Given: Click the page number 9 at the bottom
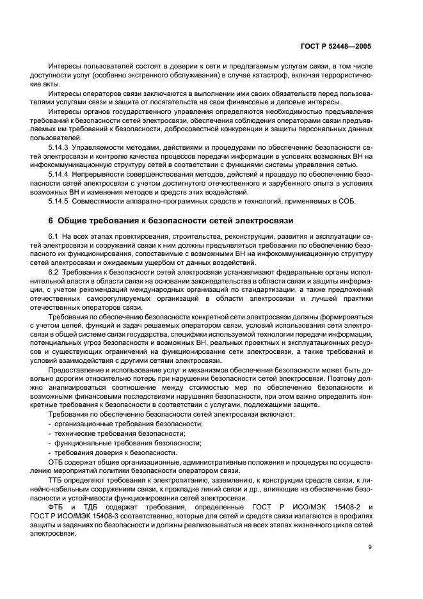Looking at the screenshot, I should (x=371, y=547).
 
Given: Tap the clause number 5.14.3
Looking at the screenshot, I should (x=60, y=147).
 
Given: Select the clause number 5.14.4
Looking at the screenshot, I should (x=60, y=174).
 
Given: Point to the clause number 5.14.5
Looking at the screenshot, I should (x=60, y=202).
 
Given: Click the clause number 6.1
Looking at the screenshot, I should (x=54, y=237).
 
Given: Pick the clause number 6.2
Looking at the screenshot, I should (x=54, y=273).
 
